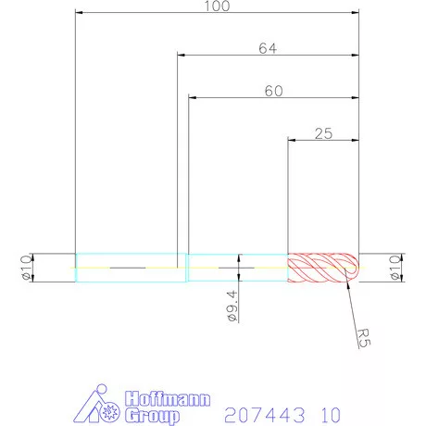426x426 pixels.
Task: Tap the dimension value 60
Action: (272, 91)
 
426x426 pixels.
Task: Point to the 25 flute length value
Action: (323, 133)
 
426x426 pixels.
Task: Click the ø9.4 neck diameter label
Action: (230, 304)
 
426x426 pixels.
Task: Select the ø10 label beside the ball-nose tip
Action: (395, 268)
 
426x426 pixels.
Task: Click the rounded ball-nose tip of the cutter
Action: (352, 268)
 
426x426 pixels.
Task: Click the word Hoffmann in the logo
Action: (167, 399)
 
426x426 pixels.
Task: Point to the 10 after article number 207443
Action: (330, 412)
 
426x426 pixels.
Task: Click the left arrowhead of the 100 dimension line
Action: (80, 14)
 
